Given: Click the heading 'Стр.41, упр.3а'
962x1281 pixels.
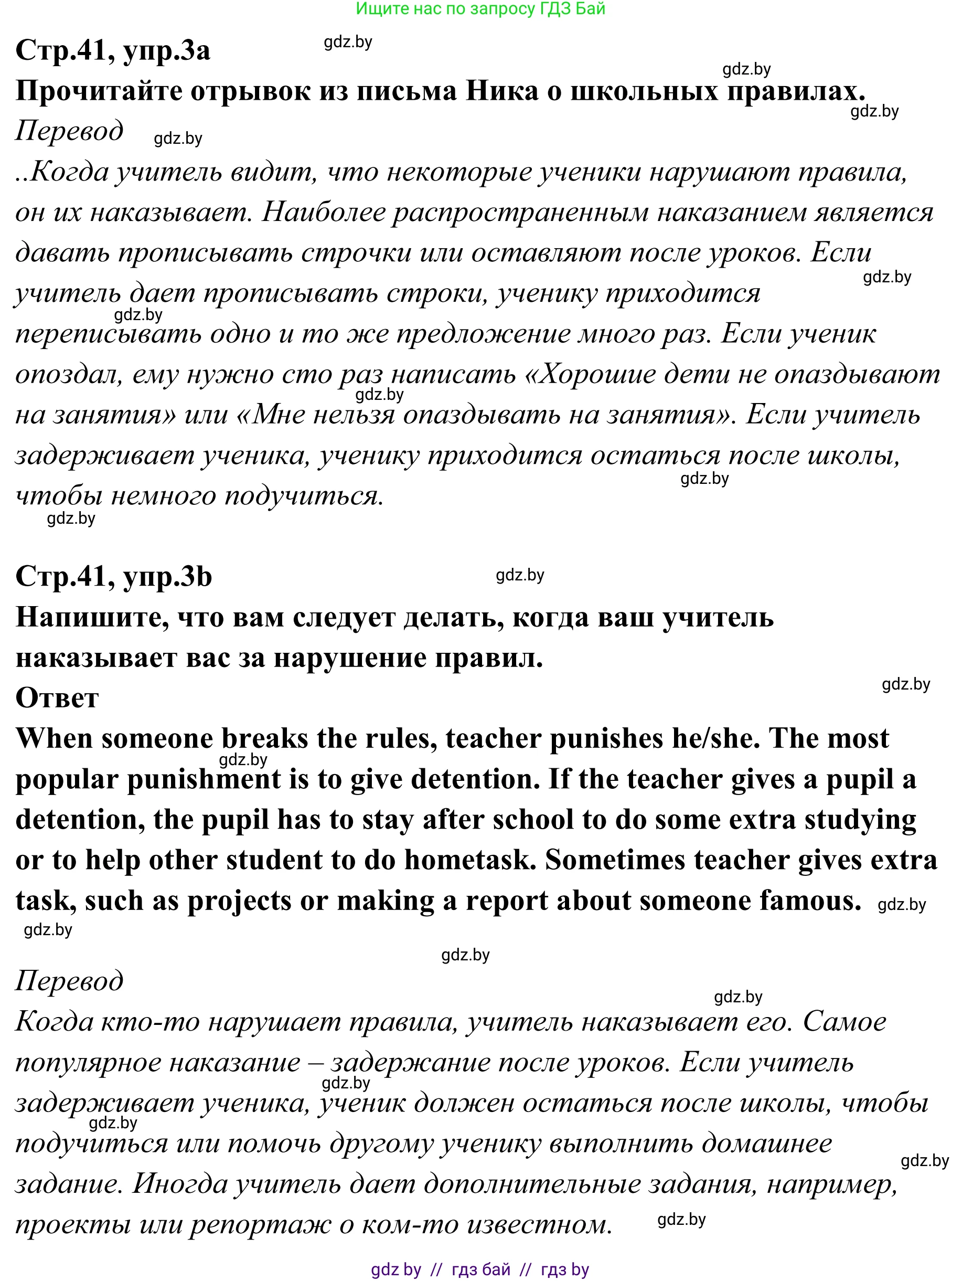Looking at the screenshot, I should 113,51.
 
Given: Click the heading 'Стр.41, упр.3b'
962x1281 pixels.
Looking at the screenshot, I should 114,576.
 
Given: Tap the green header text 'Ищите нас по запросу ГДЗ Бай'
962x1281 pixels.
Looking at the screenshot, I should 480,9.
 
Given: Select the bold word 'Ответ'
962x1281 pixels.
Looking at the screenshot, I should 57,698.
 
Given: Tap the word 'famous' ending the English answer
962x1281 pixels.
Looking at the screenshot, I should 810,901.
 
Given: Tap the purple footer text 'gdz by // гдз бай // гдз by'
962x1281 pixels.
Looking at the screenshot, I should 480,1270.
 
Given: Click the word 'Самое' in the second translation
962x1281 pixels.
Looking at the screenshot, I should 844,1022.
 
